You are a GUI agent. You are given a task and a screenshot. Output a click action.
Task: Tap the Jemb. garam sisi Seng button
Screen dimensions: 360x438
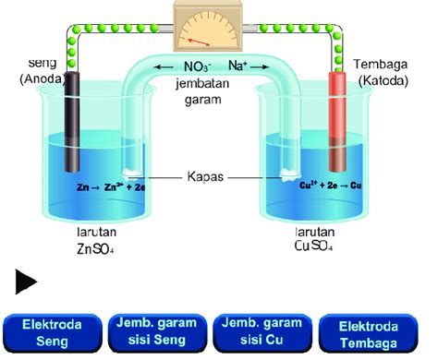coord(158,332)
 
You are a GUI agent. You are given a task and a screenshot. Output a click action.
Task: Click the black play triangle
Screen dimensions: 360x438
coord(27,282)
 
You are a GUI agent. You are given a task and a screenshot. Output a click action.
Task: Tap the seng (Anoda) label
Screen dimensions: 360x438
coord(36,72)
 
